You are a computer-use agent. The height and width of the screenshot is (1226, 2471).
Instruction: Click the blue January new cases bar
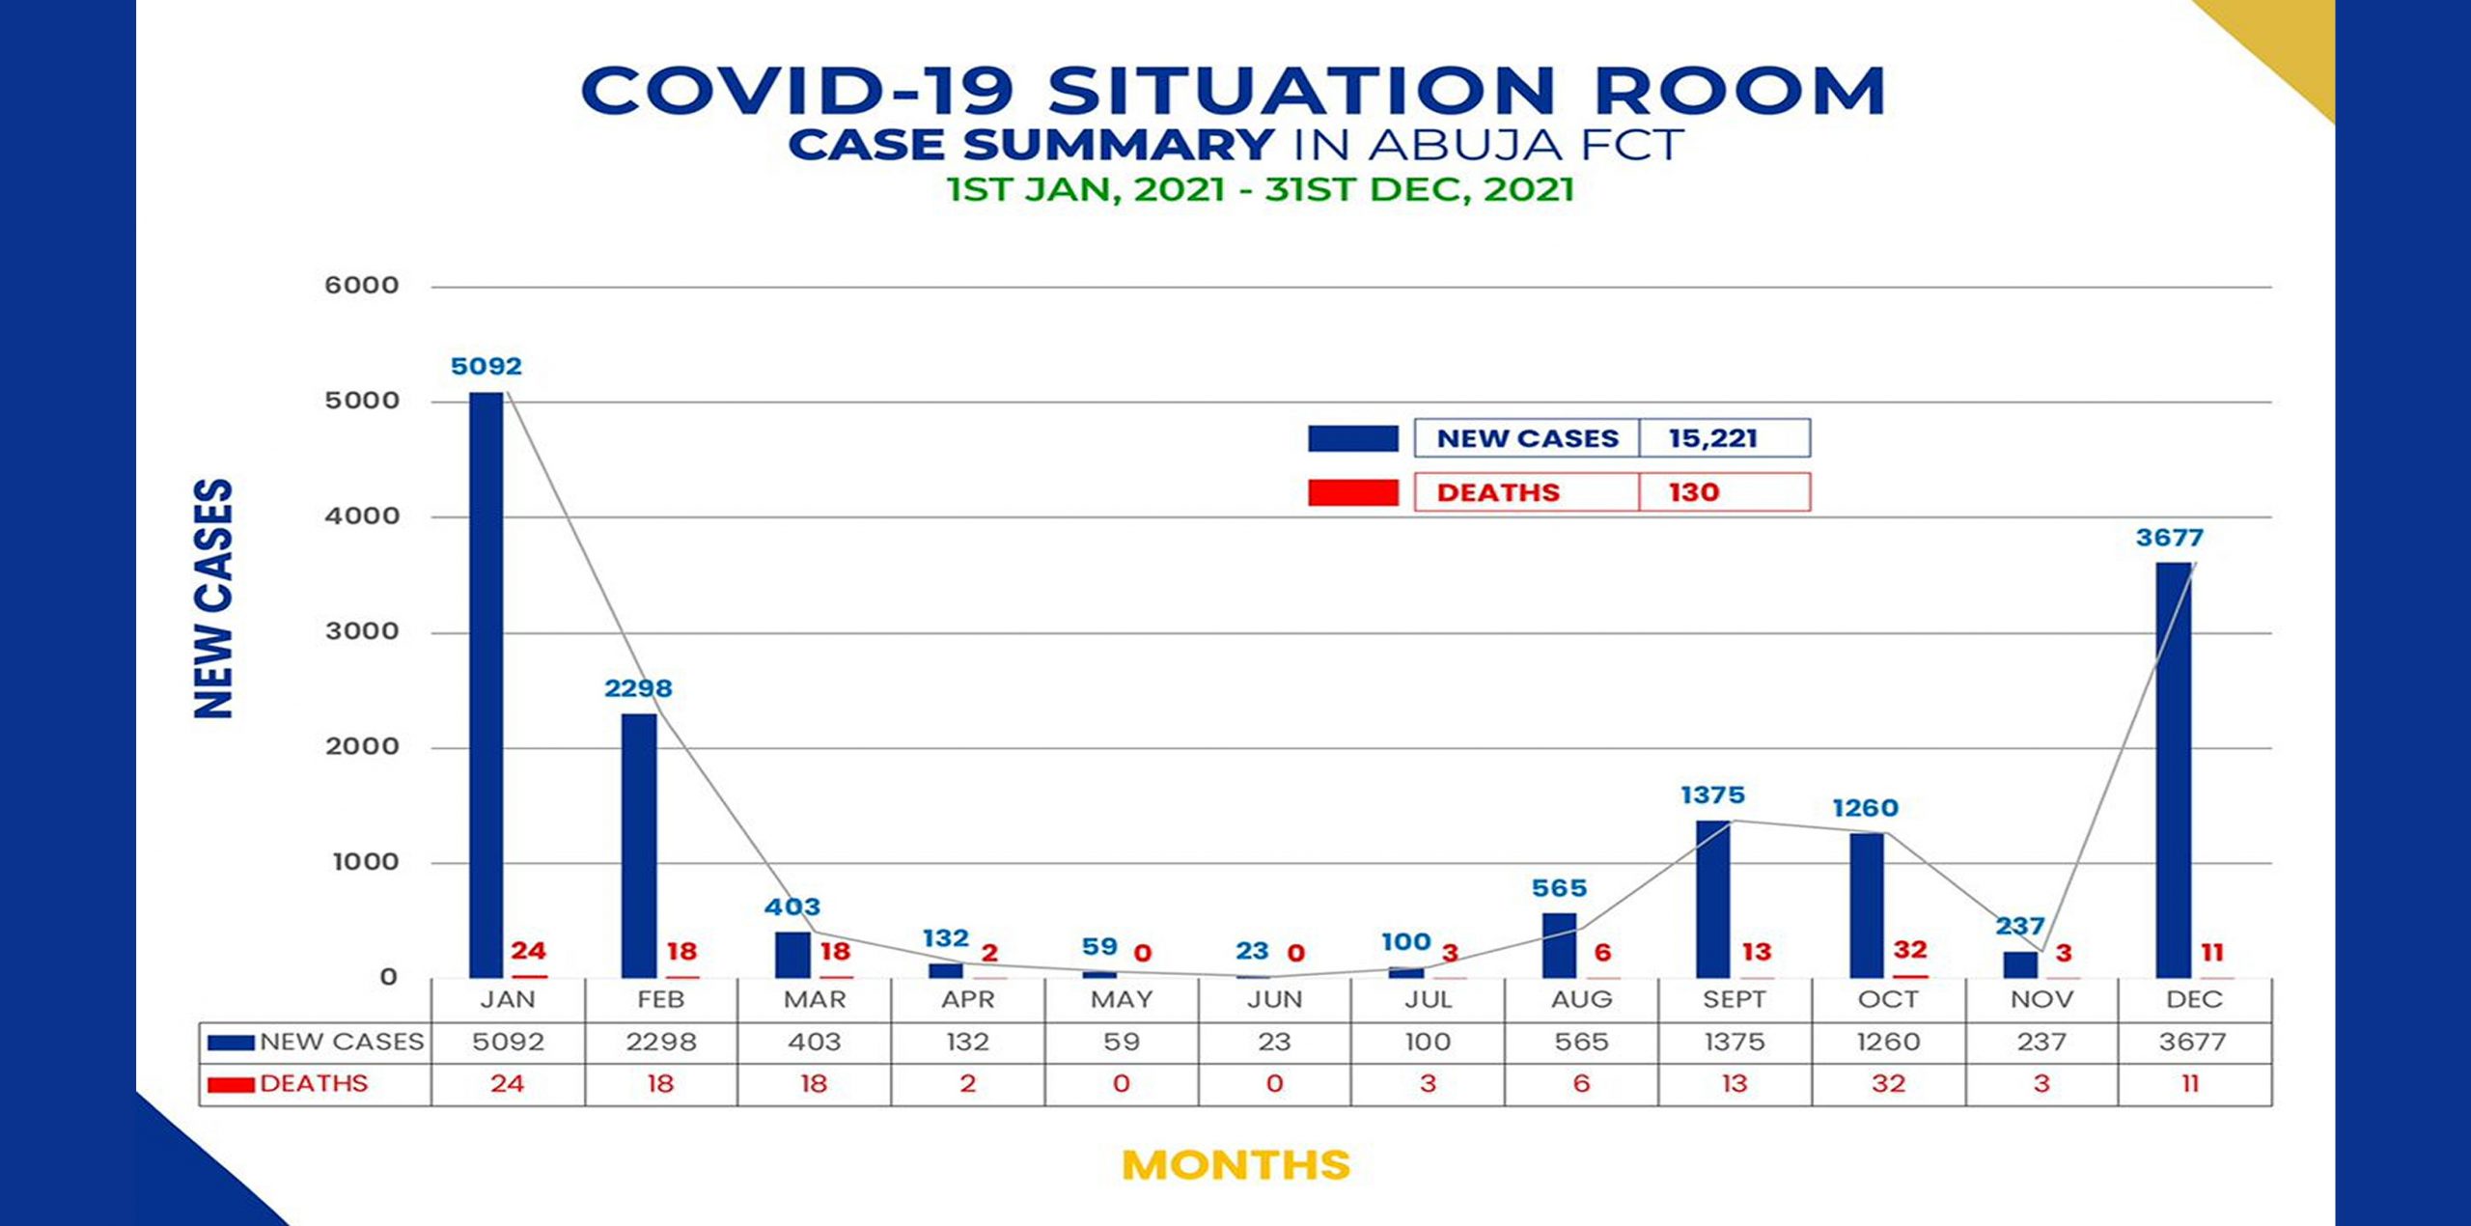tap(486, 685)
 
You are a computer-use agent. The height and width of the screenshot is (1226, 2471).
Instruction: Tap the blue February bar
tap(638, 846)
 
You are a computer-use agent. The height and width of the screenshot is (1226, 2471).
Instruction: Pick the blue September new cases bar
tap(1712, 899)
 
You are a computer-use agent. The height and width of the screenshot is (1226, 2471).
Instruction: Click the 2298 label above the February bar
tap(638, 689)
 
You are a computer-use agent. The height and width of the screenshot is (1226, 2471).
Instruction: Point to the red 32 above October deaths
tap(1910, 950)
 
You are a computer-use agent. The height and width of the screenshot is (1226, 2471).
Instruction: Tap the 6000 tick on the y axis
tap(362, 286)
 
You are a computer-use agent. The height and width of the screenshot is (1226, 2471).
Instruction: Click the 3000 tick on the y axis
tap(362, 631)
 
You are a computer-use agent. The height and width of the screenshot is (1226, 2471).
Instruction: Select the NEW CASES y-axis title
tap(214, 599)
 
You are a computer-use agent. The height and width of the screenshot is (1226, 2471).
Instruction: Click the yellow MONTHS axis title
tap(1235, 1165)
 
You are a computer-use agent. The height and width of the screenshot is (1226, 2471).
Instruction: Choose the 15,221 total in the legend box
tap(1713, 438)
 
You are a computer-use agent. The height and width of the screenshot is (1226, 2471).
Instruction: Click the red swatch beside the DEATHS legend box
tap(1352, 492)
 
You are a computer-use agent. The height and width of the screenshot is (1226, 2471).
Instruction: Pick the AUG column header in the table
tap(1581, 1000)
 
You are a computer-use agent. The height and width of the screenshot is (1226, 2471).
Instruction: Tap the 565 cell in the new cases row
tap(1581, 1043)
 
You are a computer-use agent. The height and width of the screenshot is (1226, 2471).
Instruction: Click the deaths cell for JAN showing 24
tap(507, 1084)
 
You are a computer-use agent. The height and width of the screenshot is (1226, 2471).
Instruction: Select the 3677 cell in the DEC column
tap(2193, 1043)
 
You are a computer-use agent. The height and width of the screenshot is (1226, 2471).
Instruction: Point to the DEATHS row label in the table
tap(314, 1084)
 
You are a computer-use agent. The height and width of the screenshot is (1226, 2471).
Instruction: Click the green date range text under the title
tap(1260, 190)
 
